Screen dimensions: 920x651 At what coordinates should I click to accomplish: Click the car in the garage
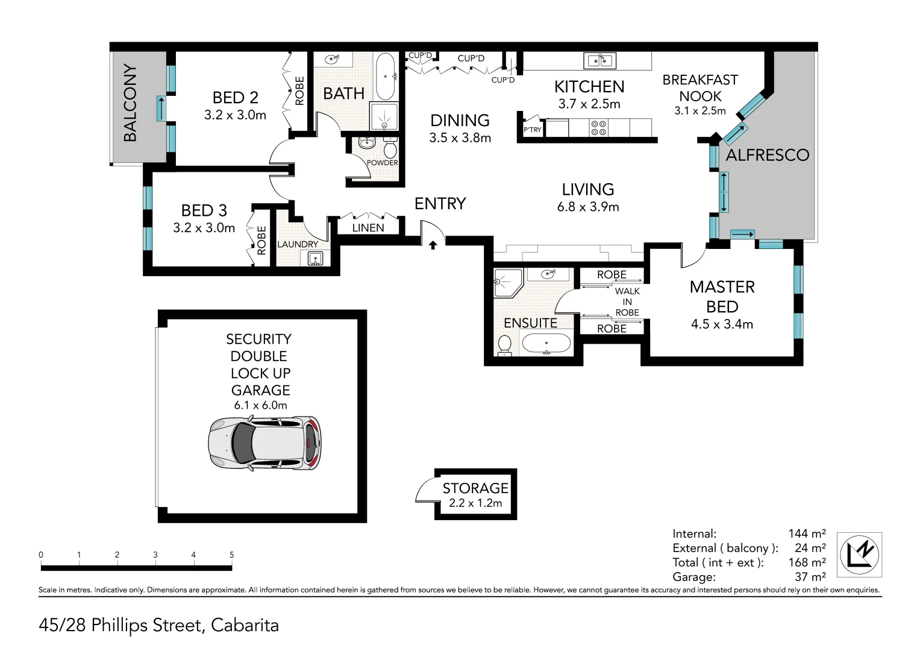tap(264, 443)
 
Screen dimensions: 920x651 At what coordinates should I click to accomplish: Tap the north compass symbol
tap(860, 555)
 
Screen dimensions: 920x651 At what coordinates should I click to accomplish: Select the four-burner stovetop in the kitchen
tap(599, 127)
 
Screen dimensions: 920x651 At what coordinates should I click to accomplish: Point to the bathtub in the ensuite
tap(546, 344)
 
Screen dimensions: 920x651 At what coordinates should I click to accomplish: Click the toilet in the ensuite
tap(504, 345)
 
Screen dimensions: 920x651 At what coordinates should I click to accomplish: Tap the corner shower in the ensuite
tap(508, 282)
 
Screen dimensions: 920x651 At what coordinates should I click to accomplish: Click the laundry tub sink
tap(315, 259)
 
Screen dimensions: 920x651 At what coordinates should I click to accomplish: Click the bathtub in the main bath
tap(385, 77)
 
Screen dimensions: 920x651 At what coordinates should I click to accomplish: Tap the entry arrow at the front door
tap(433, 245)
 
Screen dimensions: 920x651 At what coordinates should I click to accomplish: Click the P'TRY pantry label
tap(532, 130)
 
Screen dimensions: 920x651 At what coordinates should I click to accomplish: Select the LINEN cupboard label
tap(368, 228)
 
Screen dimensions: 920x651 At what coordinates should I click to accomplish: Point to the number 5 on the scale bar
tap(231, 555)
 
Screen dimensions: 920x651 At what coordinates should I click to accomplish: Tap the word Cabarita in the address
tap(245, 625)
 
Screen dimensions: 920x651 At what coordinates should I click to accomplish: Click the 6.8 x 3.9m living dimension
tap(588, 207)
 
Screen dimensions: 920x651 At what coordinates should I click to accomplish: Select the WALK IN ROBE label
tap(627, 301)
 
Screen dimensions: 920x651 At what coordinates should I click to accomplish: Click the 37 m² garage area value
tap(810, 577)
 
